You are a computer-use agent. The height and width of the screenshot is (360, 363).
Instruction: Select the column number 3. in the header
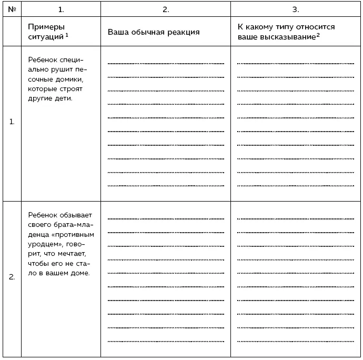click(295, 9)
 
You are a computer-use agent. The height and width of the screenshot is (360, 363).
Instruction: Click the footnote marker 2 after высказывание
click(318, 34)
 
